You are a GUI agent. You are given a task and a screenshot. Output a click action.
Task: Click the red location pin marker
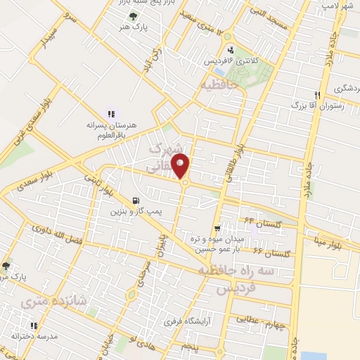pyautogui.click(x=181, y=167)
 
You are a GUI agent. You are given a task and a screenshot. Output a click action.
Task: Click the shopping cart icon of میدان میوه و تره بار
pyautogui.click(x=218, y=229)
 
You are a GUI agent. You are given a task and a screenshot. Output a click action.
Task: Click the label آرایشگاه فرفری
pyautogui.click(x=188, y=322)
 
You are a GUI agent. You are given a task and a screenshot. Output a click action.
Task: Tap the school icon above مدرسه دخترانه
pyautogui.click(x=33, y=326)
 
